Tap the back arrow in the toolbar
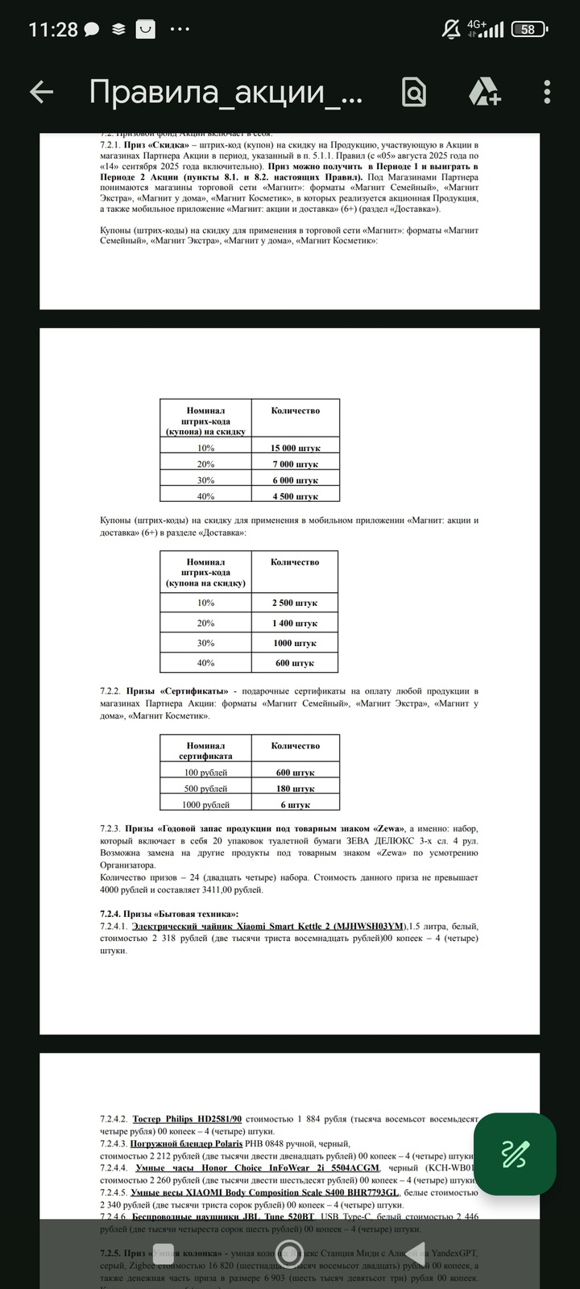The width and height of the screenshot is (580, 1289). coord(41,93)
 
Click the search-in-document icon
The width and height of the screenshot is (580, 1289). coord(414,93)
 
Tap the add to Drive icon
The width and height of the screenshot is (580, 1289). coord(485,93)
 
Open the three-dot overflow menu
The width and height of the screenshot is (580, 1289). coord(548,93)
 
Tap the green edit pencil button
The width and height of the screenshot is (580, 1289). coord(515,1154)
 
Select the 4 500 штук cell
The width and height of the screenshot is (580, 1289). coord(296,496)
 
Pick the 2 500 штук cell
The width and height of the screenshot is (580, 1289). coord(295,603)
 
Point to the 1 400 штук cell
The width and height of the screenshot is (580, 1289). coord(295,623)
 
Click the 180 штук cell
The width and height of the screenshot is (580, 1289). coord(296,789)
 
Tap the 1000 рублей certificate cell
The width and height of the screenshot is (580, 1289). coord(206,805)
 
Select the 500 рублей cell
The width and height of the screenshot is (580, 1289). coord(206,789)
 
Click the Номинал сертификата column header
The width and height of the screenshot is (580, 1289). coord(206,751)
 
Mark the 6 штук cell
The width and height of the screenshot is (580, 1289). coord(296,805)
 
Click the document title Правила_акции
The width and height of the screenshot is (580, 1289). coord(226,93)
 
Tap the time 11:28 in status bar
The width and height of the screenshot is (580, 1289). coord(53,30)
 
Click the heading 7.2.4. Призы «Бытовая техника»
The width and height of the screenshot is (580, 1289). coord(169,914)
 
